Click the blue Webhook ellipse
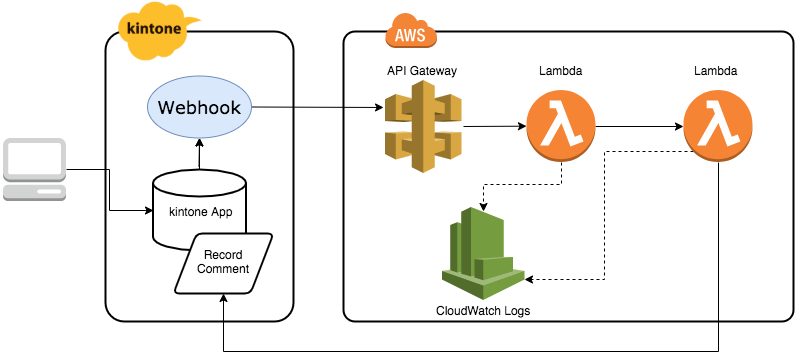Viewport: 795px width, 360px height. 199,107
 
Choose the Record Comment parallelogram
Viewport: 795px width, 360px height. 224,262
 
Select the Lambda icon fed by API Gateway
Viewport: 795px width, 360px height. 561,128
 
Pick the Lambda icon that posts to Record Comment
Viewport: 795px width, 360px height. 719,128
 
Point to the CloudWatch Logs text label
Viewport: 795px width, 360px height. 483,311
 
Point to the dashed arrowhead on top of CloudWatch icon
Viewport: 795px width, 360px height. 484,207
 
